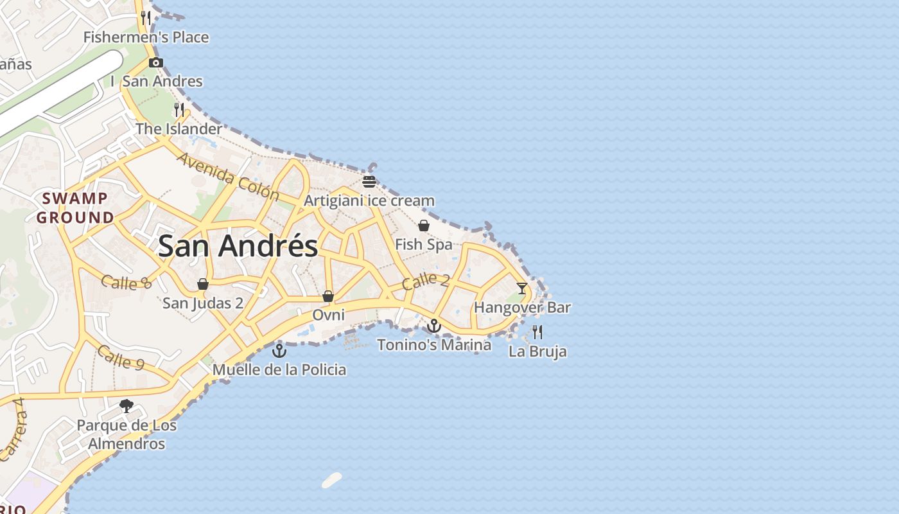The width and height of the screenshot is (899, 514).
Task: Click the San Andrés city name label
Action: point(238,246)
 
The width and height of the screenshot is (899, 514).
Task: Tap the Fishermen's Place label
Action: point(146,37)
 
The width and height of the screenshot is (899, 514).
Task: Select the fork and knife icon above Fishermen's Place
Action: point(146,17)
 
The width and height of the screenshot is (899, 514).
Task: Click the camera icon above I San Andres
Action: point(155,62)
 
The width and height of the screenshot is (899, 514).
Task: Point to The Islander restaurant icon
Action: point(179,110)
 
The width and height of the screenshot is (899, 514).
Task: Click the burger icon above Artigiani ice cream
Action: point(369,181)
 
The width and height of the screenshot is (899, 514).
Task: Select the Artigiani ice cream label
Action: point(369,200)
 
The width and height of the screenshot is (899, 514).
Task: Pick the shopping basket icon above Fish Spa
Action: point(424,226)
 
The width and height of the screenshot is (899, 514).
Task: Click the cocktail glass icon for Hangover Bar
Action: point(521,288)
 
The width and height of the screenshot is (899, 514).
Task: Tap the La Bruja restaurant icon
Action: point(537,332)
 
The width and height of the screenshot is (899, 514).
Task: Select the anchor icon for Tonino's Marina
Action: point(434,326)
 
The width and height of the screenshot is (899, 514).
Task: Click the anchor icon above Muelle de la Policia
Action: point(279,351)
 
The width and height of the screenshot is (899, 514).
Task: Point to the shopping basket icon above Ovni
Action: point(328,296)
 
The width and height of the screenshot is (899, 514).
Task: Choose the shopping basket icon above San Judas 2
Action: point(203,284)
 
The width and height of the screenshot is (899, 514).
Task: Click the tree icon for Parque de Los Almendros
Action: point(127,406)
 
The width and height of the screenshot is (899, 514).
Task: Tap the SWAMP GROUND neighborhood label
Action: point(75,208)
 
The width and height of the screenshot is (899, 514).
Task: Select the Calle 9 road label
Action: point(121,357)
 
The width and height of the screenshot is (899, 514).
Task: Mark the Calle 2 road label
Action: point(425,281)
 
